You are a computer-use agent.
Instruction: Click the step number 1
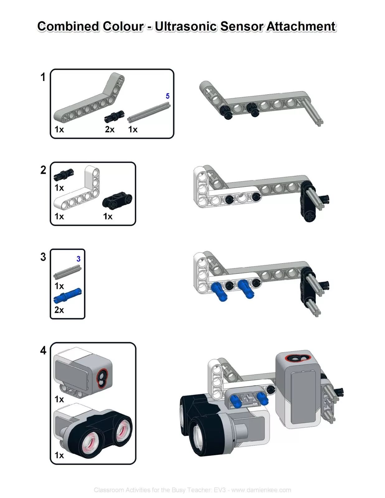[x=43, y=77]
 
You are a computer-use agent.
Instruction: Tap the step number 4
[x=43, y=350]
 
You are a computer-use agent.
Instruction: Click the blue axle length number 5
[x=168, y=96]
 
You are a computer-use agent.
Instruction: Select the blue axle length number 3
[x=78, y=259]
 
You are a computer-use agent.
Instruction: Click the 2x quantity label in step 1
[x=110, y=129]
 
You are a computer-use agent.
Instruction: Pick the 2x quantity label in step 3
[x=59, y=310]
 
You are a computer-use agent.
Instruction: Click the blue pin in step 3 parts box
[x=68, y=295]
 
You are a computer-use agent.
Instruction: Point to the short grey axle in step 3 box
[x=67, y=272]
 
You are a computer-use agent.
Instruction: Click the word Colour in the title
[x=123, y=26]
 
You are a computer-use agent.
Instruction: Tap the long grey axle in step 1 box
[x=149, y=113]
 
